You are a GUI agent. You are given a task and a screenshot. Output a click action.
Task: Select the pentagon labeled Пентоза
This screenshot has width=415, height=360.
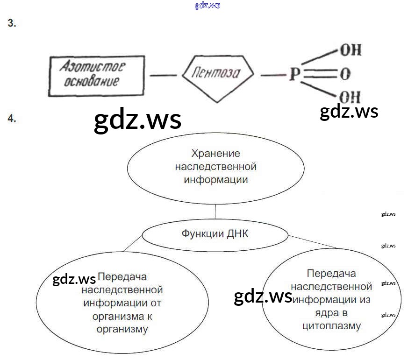[217, 75]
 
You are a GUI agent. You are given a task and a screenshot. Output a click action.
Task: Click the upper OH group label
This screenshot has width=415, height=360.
[350, 50]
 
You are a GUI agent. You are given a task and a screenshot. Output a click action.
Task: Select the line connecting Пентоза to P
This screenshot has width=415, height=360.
[269, 75]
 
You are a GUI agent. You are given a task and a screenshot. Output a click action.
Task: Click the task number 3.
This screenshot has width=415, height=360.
[12, 24]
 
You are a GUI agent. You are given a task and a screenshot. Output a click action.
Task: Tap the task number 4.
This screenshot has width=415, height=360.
[12, 119]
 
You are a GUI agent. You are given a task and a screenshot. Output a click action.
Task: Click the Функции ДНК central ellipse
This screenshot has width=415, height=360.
[215, 234]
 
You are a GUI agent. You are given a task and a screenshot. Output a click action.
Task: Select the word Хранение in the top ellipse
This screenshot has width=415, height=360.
[215, 153]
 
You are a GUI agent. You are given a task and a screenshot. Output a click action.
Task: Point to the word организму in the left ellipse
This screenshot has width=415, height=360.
[122, 329]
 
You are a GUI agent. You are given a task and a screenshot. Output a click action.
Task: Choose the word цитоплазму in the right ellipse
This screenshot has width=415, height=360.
[331, 326]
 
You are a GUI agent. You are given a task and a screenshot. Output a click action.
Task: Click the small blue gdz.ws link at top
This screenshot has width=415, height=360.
[207, 6]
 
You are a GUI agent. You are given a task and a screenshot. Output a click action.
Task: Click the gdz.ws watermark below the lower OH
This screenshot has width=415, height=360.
[349, 112]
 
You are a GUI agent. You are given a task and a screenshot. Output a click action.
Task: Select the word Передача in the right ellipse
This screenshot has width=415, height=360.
[331, 273]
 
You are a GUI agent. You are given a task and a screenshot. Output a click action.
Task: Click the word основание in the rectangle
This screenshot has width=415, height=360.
[90, 82]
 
